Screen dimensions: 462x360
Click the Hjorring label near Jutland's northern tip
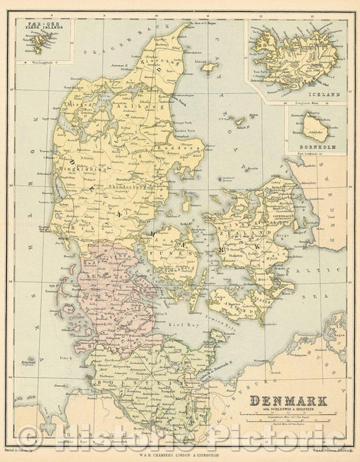point(161,66)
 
